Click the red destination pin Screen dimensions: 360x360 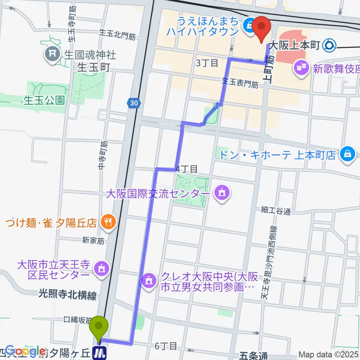pyautogui.click(x=262, y=27)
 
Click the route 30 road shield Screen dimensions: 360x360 pyautogui.click(x=134, y=103)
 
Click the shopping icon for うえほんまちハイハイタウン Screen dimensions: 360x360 pyautogui.click(x=248, y=25)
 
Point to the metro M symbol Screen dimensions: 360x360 pyautogui.click(x=99, y=352)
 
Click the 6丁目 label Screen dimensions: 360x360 pyautogui.click(x=165, y=346)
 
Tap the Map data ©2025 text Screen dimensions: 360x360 pyautogui.click(x=328, y=354)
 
